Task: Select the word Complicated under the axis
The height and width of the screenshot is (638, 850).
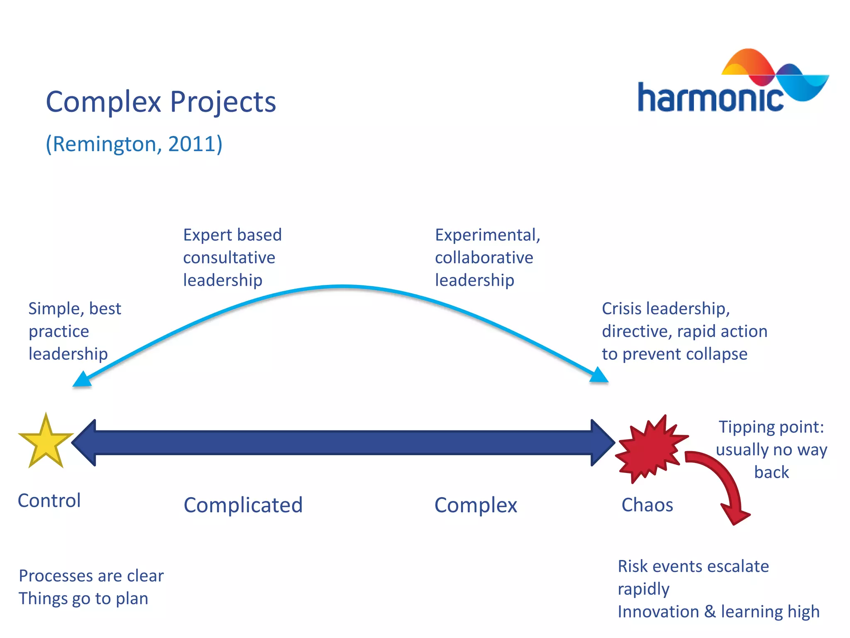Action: point(243,505)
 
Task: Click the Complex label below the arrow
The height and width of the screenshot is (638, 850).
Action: point(476,505)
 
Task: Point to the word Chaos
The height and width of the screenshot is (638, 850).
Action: point(647,505)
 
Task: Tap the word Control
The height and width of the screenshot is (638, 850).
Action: point(49,501)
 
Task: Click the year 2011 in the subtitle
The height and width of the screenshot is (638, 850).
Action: point(192,144)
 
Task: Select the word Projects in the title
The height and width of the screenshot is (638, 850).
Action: point(223,102)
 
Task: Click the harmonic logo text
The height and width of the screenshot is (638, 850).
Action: point(710,98)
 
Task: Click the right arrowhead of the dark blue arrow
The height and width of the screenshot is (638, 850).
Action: point(602,443)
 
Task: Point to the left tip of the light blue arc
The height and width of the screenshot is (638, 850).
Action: point(81,380)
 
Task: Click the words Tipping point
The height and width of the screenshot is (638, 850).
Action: point(771,427)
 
